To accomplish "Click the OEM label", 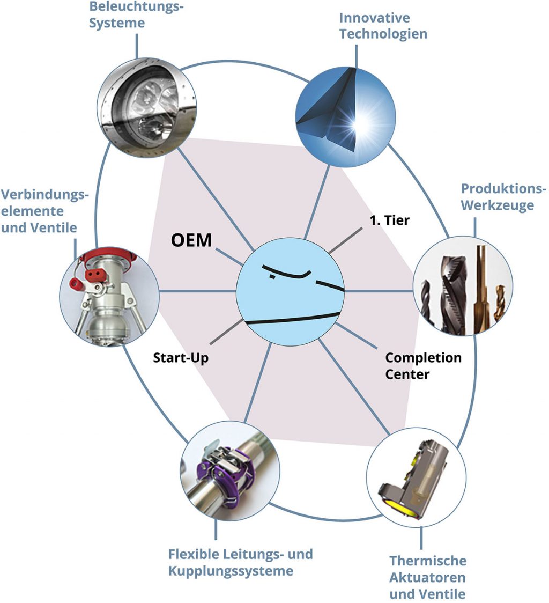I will (191, 240).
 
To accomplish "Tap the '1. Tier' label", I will (389, 220).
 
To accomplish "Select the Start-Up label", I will (181, 358).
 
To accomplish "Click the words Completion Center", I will (423, 365).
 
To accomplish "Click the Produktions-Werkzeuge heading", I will (503, 197).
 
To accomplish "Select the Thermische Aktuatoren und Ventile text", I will (428, 577).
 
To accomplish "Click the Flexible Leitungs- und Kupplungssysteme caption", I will (240, 562).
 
